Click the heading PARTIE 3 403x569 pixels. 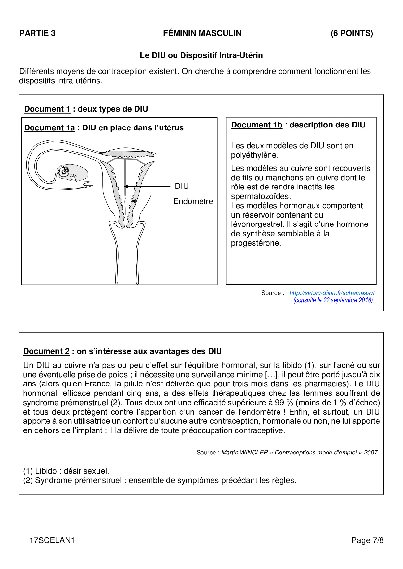click(x=37, y=33)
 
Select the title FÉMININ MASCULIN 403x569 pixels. click(x=202, y=33)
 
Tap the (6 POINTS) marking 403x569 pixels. click(x=352, y=33)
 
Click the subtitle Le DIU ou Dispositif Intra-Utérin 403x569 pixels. click(x=201, y=55)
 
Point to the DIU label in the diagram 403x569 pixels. click(x=182, y=186)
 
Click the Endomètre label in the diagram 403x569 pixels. click(x=193, y=201)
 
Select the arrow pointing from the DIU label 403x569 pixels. click(x=148, y=187)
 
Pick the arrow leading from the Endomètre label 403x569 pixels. click(x=151, y=201)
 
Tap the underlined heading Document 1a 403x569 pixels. click(x=49, y=128)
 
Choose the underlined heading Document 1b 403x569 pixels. click(x=257, y=125)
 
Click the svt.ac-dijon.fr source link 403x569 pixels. click(x=332, y=293)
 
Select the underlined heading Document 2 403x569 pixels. click(x=46, y=351)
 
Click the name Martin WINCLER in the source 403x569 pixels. click(x=244, y=453)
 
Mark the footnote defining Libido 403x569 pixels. click(x=66, y=471)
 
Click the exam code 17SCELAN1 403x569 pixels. click(x=52, y=540)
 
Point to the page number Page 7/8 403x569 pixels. click(x=367, y=540)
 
